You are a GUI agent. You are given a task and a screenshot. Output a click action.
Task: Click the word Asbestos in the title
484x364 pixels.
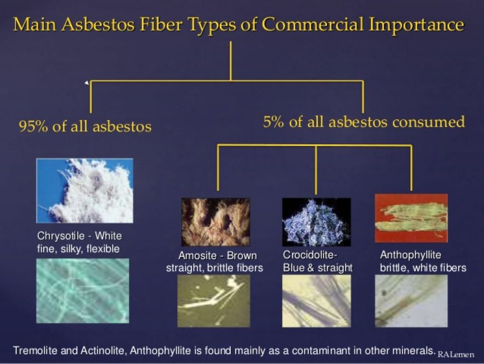click(98, 24)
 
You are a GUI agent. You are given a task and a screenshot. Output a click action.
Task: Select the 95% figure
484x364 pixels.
click(33, 127)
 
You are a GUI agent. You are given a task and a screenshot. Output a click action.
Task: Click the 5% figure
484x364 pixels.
click(273, 122)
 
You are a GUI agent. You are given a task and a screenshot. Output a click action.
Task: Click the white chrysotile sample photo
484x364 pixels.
click(85, 191)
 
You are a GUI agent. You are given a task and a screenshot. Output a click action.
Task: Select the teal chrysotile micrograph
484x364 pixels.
click(83, 291)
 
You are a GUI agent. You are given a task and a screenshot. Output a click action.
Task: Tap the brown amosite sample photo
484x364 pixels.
click(216, 222)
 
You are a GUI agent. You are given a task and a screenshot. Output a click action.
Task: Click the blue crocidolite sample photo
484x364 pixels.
click(316, 222)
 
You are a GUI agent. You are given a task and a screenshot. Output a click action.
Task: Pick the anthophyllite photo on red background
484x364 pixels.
click(411, 218)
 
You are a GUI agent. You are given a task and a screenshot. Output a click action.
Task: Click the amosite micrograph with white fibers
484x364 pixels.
click(213, 301)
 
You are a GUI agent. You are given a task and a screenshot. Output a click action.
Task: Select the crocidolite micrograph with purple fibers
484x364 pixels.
click(316, 301)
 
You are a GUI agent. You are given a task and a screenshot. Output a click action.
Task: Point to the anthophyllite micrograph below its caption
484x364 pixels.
click(411, 301)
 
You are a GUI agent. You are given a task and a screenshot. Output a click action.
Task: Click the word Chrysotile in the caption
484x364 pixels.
click(61, 236)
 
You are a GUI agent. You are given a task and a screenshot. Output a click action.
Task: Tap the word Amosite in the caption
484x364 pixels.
click(197, 256)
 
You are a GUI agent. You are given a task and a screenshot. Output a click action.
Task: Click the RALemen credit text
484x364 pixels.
click(456, 354)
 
